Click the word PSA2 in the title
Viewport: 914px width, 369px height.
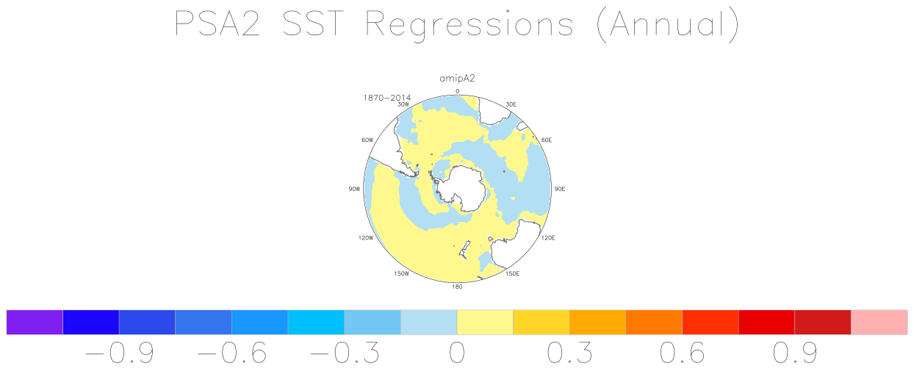217,24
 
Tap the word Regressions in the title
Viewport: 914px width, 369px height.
469,24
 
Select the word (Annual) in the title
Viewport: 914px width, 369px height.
668,25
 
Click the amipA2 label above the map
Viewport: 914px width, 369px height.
458,79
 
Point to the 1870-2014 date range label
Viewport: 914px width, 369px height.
386,98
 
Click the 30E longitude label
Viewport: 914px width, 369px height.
511,104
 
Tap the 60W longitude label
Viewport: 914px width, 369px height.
367,140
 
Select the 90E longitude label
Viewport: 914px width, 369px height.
559,189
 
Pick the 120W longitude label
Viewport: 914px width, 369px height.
366,238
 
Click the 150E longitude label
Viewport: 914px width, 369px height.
513,273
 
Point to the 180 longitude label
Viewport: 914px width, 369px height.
457,287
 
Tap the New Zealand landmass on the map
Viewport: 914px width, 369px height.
464,249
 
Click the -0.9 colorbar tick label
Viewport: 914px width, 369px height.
120,353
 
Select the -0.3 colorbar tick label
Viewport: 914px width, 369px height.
345,353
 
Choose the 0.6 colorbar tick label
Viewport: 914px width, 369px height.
683,353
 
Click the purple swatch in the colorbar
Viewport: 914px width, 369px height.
35,322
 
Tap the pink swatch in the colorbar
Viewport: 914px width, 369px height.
879,322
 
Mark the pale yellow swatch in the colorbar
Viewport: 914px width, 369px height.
485,322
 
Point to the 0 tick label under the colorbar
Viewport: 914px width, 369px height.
457,353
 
